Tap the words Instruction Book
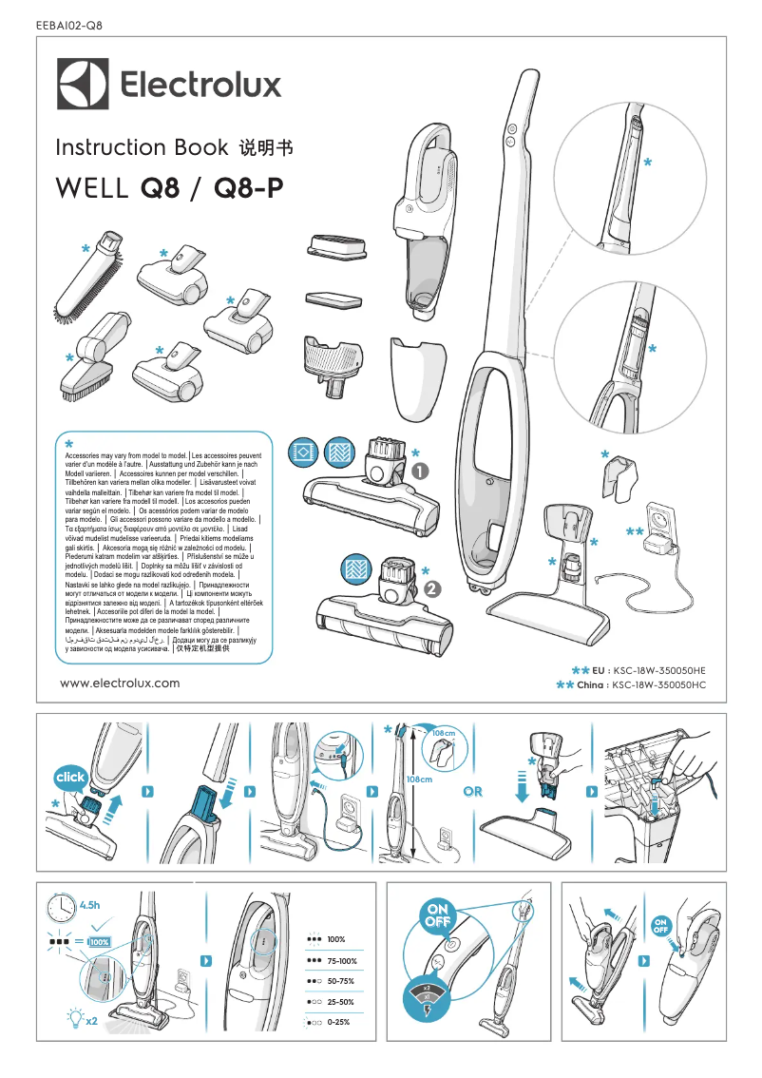[x=142, y=147]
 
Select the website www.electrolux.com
[x=119, y=683]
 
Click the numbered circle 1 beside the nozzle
[x=421, y=471]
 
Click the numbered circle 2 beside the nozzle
[x=432, y=587]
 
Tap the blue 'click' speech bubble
[x=70, y=778]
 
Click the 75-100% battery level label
[x=341, y=961]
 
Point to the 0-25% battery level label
[x=338, y=1022]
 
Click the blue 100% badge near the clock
[x=99, y=941]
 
